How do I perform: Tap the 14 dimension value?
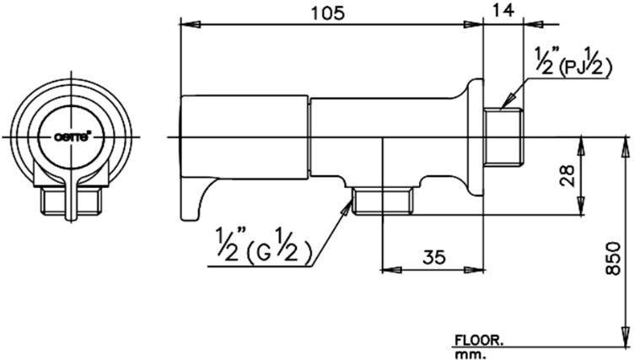[x=502, y=11]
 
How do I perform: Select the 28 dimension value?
[x=567, y=175]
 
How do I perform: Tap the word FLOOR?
[x=478, y=341]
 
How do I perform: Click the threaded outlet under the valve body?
[x=382, y=201]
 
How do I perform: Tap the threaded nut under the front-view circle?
[x=72, y=201]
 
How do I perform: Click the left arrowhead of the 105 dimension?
[x=190, y=25]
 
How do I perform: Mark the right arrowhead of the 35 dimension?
[x=473, y=270]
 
